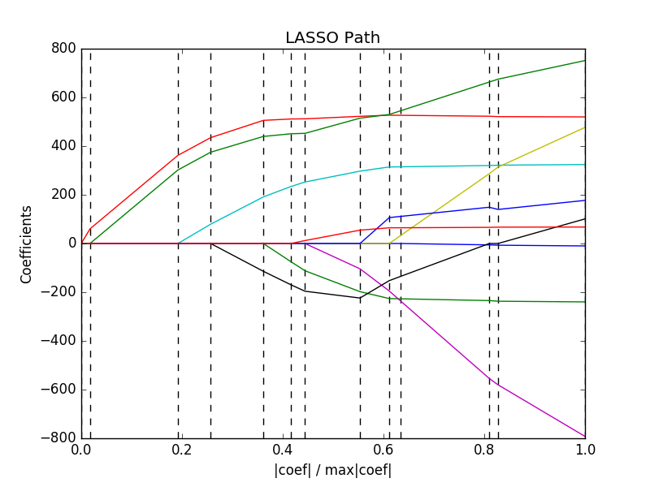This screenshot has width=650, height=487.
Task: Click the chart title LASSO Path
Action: point(332,38)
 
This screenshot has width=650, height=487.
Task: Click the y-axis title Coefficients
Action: point(26,243)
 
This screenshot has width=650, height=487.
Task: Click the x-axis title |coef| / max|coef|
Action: point(332,470)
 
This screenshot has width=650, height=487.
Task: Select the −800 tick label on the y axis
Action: point(59,438)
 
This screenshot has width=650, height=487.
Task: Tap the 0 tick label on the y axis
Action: point(71,243)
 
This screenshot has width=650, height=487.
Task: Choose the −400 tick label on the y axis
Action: point(59,341)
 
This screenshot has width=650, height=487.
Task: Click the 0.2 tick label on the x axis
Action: point(182,449)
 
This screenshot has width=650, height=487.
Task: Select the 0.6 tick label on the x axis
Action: point(383,449)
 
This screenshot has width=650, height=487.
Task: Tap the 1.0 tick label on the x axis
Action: point(585,449)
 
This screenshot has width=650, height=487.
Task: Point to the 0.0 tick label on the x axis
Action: point(81,449)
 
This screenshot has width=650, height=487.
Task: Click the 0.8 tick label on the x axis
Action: point(484,449)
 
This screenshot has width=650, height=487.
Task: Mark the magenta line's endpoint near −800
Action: point(585,437)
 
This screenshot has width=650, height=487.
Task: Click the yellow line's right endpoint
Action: point(585,127)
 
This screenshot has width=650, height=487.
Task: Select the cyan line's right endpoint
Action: point(585,165)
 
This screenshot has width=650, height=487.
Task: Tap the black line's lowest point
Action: point(360,298)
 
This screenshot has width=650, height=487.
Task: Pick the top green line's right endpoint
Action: point(585,60)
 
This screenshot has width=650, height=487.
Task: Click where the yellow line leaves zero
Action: point(389,243)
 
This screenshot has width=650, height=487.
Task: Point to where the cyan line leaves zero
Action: point(179,243)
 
